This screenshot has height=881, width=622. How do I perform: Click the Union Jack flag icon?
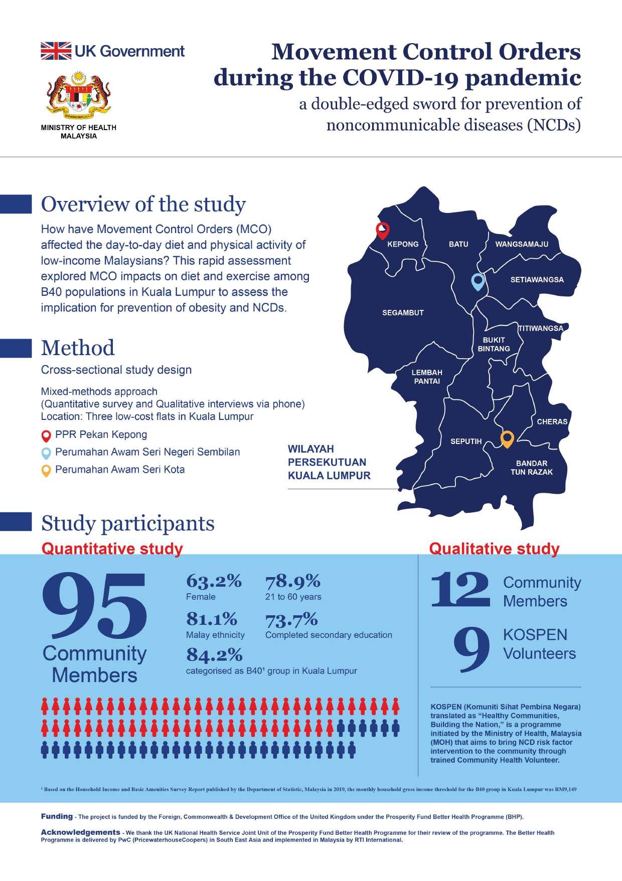coord(56,51)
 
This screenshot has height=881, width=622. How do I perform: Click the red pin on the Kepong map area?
coord(383,230)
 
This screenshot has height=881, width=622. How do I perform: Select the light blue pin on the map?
coord(478,282)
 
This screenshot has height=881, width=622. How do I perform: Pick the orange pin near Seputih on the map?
coord(507,439)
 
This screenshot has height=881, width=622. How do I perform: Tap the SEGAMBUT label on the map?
coord(403,312)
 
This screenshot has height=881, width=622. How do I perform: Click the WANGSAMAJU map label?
coord(522,244)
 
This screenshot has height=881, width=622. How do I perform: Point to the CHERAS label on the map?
coord(552,421)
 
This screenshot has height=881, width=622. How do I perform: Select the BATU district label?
coord(458,244)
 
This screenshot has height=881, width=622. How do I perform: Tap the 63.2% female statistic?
coord(214,581)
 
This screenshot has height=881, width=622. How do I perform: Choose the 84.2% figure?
coord(214,655)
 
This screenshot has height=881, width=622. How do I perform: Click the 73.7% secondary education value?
coord(291,619)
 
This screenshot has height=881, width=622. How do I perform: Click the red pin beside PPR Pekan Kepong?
coord(46,435)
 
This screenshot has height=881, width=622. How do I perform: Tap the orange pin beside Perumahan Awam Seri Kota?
coord(46,471)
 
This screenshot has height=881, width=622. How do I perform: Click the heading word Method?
coord(78,348)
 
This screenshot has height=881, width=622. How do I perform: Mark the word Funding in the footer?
coord(57,816)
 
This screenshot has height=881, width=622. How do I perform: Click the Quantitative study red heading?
coord(112,548)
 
